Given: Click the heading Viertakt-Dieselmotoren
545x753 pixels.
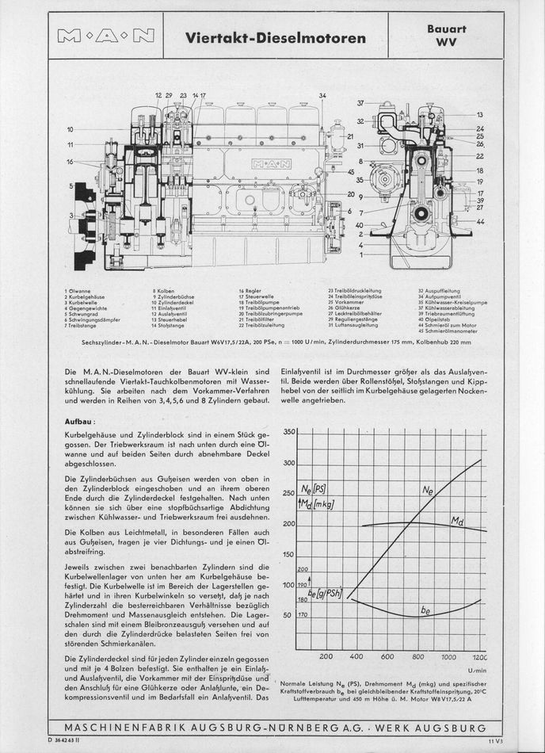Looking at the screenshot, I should coord(275,37).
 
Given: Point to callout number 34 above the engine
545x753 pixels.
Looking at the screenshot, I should coord(322,96).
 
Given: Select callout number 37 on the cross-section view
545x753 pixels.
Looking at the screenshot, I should coord(360,103).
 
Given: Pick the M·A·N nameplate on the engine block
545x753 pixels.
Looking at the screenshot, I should coord(270,165).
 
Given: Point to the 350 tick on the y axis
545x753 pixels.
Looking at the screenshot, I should coord(289,433).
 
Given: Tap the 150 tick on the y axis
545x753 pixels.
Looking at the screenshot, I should coord(289,555).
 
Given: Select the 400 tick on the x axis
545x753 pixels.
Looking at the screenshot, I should coord(356,656).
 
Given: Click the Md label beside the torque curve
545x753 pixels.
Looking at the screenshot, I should coord(457,521).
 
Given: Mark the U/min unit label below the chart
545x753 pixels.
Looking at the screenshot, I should coord(478,670).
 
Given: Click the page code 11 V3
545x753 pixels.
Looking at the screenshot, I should coord(495,741).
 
